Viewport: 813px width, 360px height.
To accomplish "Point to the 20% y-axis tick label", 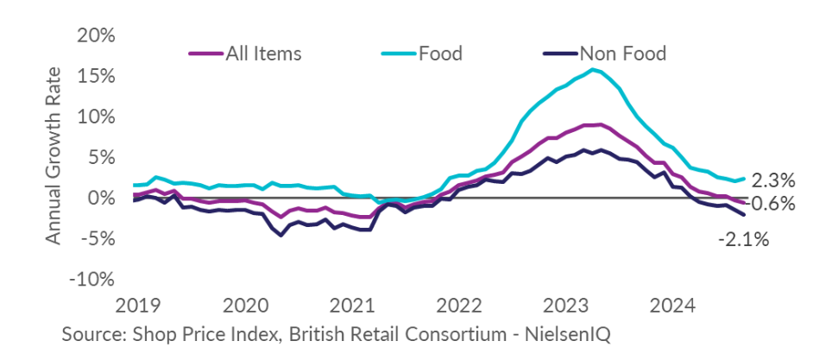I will coord(97,35).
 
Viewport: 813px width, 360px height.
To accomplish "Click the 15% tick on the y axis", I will coord(97,76).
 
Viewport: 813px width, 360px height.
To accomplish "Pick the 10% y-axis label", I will coord(97,117).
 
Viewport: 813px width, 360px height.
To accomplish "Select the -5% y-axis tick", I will coord(97,239).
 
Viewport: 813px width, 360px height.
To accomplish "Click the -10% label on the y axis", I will coord(91,280).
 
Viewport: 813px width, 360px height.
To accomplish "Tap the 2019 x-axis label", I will coord(137,306).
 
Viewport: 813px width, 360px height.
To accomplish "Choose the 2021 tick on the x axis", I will coord(352,306).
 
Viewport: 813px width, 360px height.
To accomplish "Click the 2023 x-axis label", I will coord(567,306).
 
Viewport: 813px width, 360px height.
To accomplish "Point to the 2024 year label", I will coord(675,306).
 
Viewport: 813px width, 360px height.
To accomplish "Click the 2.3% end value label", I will coord(772,181).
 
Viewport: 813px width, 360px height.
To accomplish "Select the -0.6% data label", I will coord(769,204).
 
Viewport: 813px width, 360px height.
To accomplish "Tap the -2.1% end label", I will coord(742,239).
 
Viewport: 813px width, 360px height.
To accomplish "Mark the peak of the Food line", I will coord(593,69).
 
